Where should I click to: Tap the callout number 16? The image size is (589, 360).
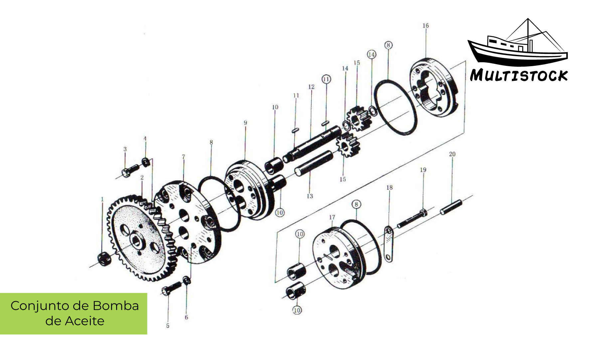(x=425, y=26)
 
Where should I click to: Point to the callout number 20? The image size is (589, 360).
(x=452, y=154)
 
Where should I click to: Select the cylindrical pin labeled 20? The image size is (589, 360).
(x=451, y=206)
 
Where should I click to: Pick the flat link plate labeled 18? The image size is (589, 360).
(x=388, y=244)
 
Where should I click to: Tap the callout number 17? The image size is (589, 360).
(x=332, y=217)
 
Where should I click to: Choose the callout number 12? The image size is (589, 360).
(x=311, y=87)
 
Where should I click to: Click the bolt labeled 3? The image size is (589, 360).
(x=130, y=171)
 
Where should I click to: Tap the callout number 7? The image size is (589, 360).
(x=183, y=157)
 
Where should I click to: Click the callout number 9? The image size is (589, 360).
(x=245, y=123)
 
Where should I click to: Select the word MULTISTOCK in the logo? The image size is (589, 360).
(x=519, y=75)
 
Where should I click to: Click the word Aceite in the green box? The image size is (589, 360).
(x=84, y=321)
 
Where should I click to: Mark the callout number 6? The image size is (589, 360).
(x=186, y=317)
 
